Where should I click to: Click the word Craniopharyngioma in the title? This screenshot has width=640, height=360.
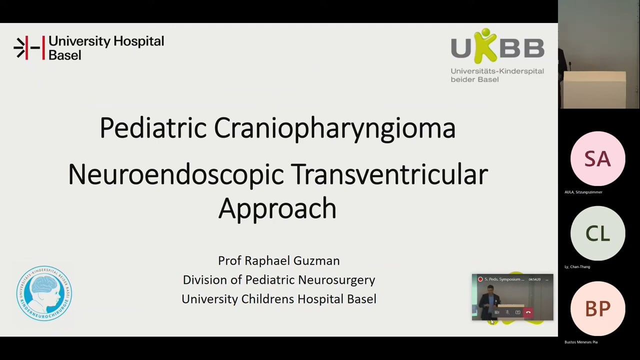334,128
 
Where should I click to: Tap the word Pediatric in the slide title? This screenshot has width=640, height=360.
153,127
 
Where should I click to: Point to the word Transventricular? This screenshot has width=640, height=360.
389,174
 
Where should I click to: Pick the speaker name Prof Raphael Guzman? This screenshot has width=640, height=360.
278,260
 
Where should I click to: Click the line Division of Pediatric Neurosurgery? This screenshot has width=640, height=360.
278,279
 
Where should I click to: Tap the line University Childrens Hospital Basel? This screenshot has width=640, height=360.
278,298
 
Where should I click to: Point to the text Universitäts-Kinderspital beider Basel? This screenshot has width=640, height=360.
497,75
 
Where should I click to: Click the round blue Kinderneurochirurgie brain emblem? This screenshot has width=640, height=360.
44,293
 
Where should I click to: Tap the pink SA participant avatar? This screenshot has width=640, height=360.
597,158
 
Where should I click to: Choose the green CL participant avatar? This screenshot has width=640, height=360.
597,233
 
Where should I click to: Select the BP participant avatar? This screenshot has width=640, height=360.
597,308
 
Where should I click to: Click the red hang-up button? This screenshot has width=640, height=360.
528,312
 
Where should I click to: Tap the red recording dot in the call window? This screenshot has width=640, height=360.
480,279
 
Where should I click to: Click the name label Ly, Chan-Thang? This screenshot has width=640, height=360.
577,267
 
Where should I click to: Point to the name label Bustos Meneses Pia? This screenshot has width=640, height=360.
581,342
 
